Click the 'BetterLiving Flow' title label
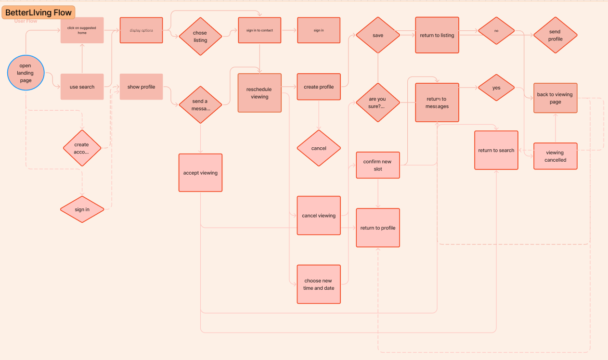tap(39, 13)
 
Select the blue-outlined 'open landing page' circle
tap(26, 73)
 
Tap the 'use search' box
tap(82, 87)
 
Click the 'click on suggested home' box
tap(82, 30)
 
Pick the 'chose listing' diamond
tap(200, 37)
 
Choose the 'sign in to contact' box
tap(259, 30)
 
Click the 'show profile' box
tap(141, 87)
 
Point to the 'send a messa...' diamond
tap(200, 104)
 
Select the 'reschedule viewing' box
tap(259, 93)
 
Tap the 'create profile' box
tap(319, 87)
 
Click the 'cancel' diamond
tap(319, 148)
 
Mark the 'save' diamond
tap(378, 35)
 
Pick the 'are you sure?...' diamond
tap(378, 103)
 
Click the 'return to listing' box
tap(437, 35)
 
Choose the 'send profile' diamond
tap(555, 35)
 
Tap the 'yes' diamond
tap(496, 88)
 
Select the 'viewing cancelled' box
tap(556, 156)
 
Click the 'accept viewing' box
tap(200, 173)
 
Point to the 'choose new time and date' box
tap(319, 284)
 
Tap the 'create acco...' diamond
tap(82, 148)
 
